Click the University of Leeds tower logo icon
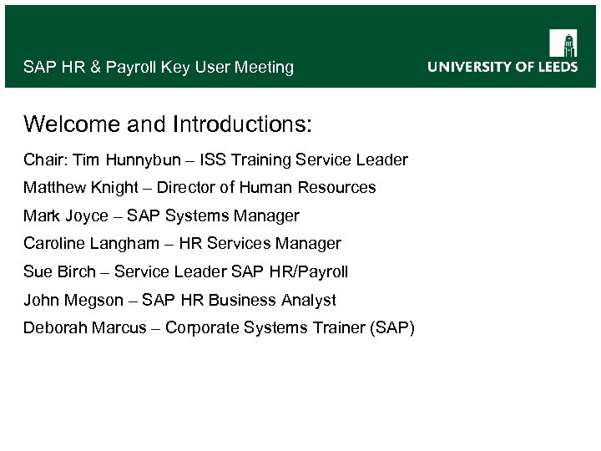coord(563,43)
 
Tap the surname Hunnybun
coord(135,160)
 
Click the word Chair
coord(43,160)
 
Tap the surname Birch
coord(76,272)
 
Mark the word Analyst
coord(309,300)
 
